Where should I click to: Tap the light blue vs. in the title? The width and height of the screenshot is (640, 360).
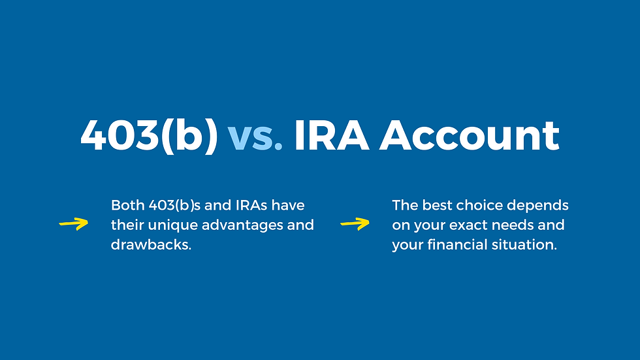[255, 136]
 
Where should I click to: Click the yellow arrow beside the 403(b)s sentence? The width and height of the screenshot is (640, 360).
[74, 225]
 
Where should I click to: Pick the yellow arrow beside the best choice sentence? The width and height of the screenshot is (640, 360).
[355, 225]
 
